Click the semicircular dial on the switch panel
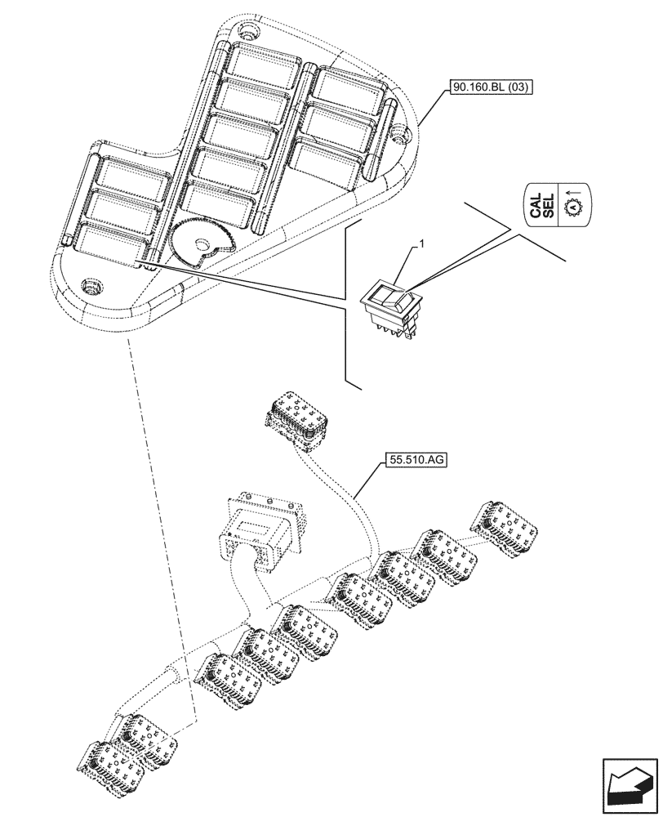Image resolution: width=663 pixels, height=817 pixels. [199, 239]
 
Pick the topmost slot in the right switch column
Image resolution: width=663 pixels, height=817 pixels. [346, 85]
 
